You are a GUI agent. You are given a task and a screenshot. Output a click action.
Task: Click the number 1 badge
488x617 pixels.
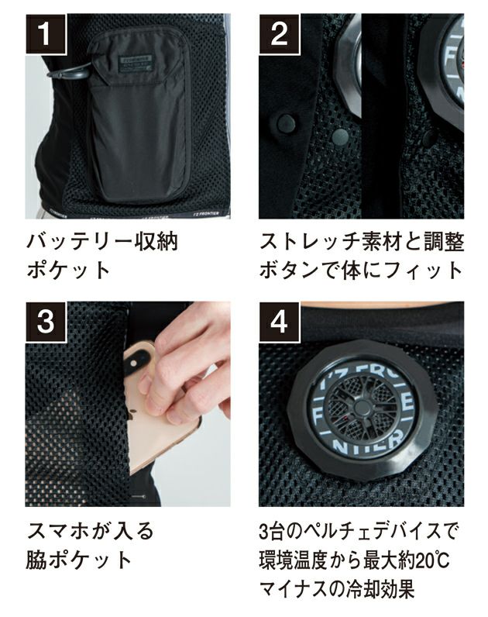[44, 33]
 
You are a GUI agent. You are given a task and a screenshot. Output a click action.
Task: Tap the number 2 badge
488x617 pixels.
[279, 33]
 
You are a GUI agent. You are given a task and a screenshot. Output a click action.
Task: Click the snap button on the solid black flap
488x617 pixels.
[285, 121]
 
